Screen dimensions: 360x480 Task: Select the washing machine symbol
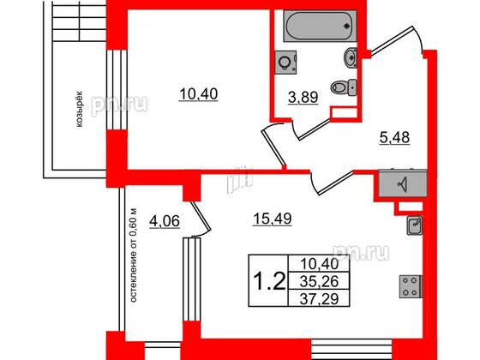pos(285,62)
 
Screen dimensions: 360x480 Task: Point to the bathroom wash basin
pos(351,58)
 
